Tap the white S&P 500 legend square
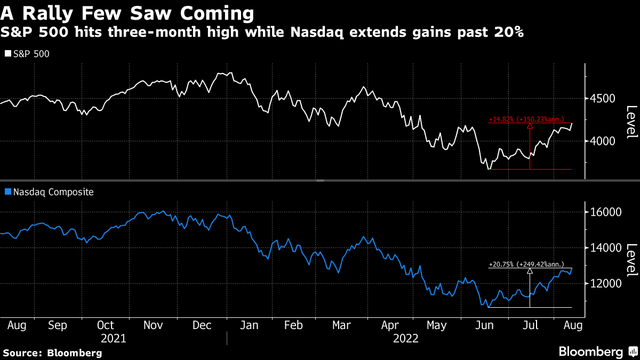7,54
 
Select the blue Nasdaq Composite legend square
7,192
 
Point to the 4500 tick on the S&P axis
601,99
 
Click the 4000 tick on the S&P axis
601,141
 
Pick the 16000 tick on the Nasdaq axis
603,212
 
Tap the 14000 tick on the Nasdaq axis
603,248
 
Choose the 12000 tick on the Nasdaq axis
603,284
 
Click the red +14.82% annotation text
526,119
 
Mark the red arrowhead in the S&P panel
530,126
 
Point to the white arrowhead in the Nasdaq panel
530,271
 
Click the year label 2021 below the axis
113,338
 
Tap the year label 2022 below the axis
405,338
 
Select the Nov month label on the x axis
154,325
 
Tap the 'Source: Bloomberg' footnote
52,353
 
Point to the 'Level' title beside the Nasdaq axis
631,260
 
